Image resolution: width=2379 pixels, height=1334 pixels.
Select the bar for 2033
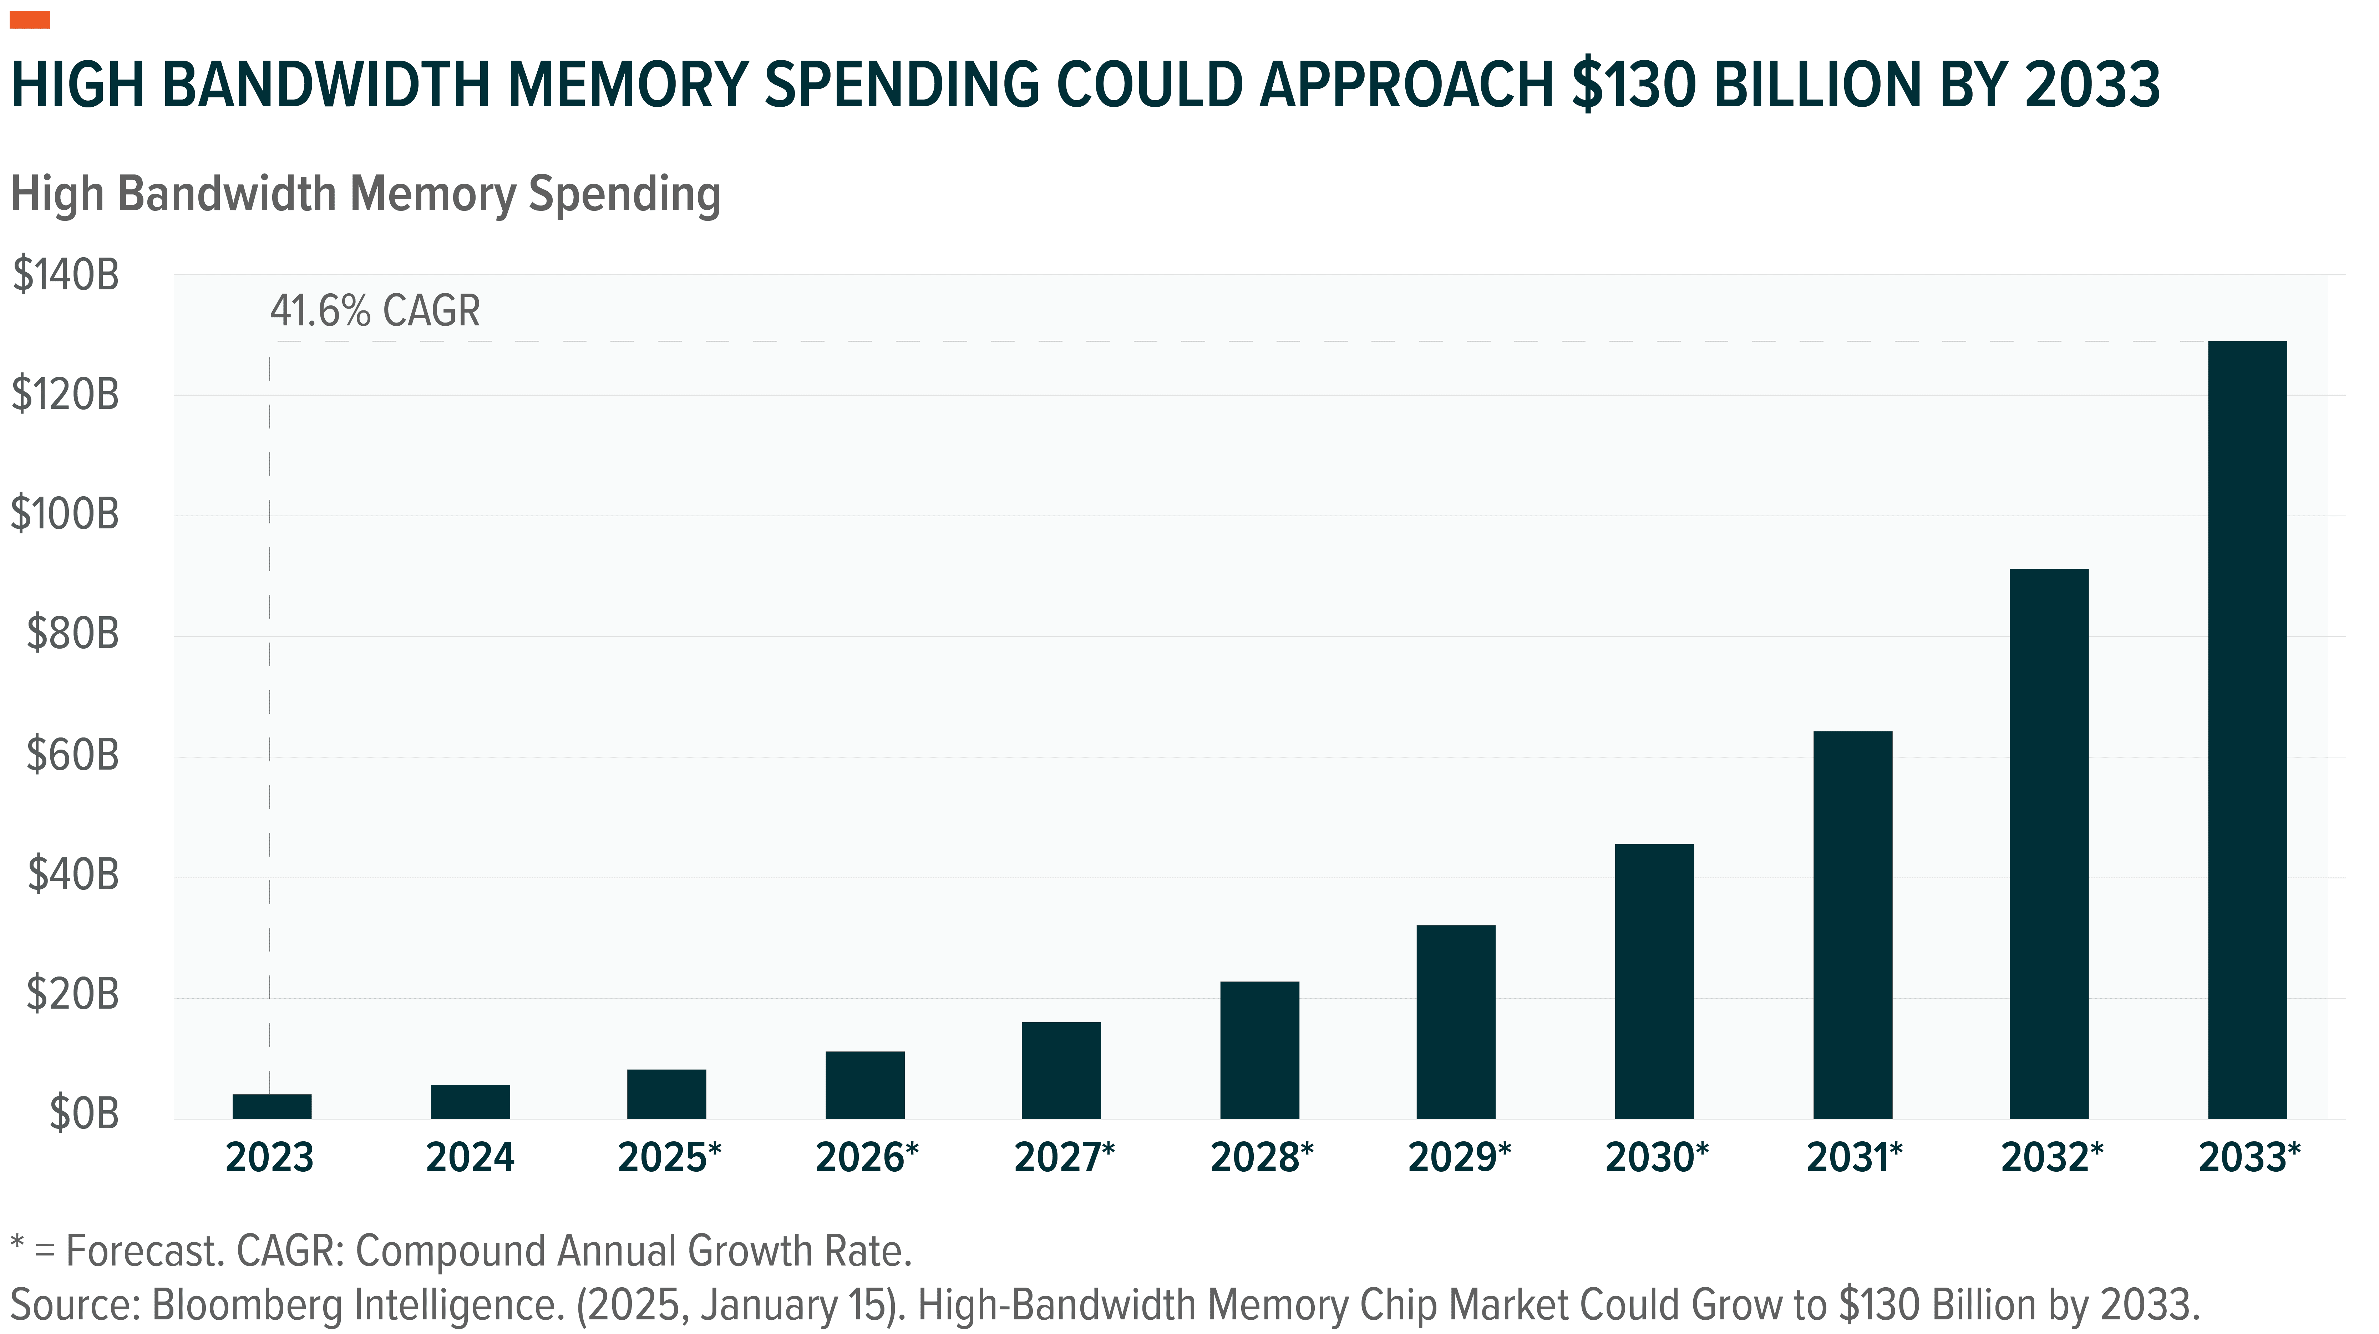click(x=2247, y=730)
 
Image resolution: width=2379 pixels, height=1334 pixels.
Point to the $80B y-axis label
click(x=72, y=634)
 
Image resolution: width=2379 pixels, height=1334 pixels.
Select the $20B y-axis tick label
click(x=72, y=994)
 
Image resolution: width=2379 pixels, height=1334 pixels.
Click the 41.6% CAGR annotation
click(x=375, y=311)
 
